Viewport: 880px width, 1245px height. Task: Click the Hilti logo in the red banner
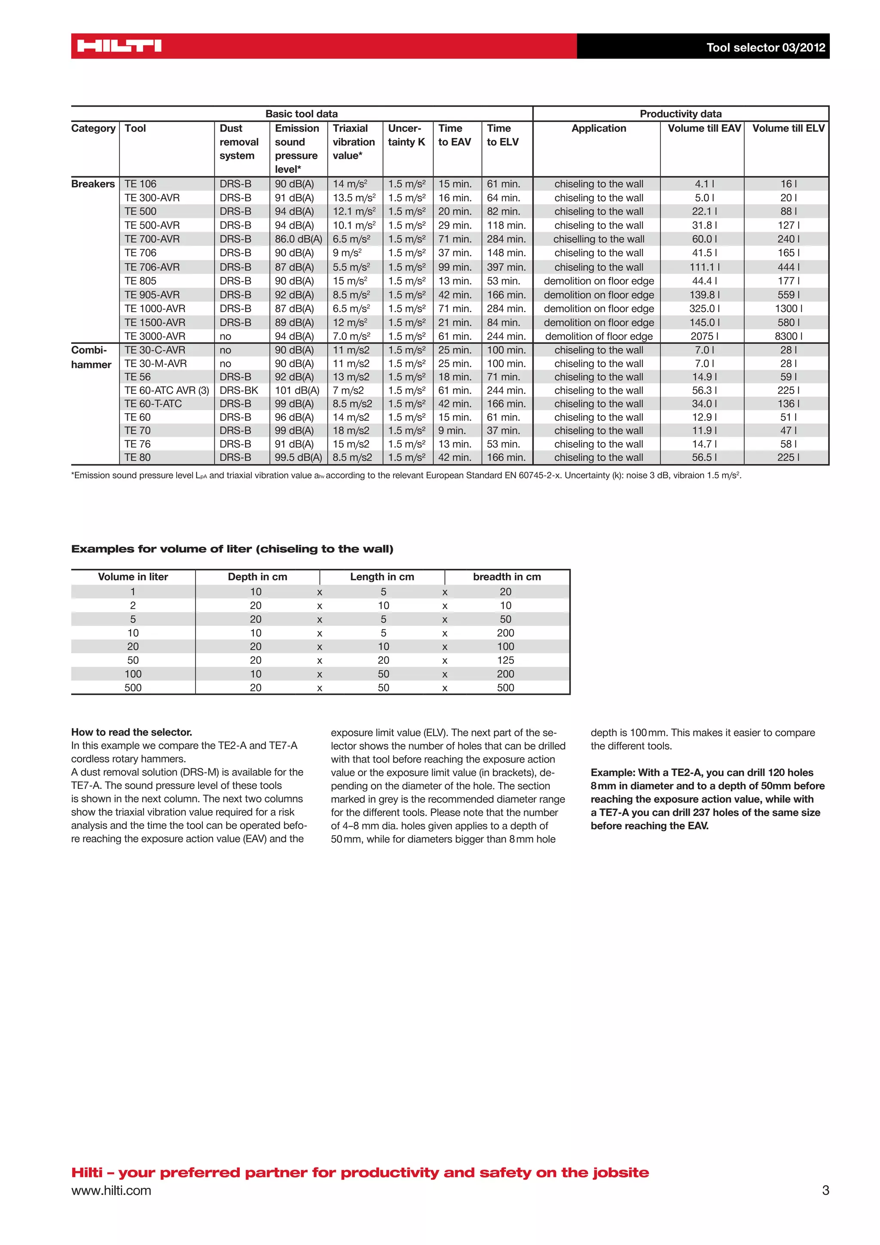tap(119, 46)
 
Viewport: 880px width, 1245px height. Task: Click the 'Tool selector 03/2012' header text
tap(765, 47)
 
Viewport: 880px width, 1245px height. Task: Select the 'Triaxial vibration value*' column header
tap(353, 142)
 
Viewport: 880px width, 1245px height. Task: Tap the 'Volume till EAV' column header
tap(704, 129)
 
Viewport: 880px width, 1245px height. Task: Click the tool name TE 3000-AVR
tap(155, 336)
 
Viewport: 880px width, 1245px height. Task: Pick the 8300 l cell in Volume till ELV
tap(788, 336)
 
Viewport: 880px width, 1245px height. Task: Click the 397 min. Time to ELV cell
tap(506, 267)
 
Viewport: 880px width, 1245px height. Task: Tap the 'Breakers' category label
tap(93, 184)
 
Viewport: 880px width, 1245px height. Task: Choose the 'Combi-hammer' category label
tap(91, 357)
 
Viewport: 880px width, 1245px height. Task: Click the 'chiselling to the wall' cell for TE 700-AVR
tap(599, 239)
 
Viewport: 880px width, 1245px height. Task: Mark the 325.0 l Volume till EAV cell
tap(704, 309)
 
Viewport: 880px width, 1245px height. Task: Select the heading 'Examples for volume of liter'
tap(232, 549)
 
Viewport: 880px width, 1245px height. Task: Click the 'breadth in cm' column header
tap(507, 577)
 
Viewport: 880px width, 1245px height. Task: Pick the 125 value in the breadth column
tap(506, 660)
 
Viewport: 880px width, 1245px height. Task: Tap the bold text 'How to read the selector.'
tap(131, 732)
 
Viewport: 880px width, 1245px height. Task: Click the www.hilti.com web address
tap(111, 1191)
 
